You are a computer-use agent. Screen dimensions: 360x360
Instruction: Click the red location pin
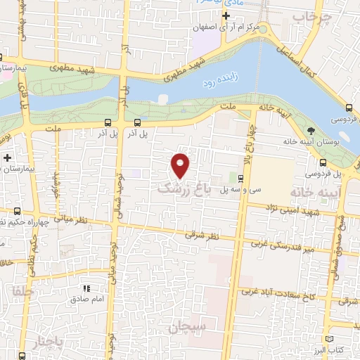181,165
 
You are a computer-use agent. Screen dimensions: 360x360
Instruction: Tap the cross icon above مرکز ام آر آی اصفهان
226,15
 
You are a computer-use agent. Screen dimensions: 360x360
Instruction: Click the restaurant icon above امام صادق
87,288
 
